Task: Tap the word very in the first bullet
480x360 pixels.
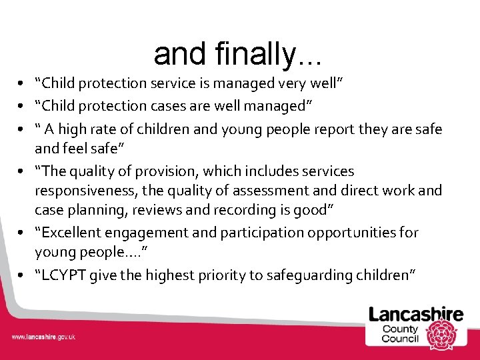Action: point(278,83)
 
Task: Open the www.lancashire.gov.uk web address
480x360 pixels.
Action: point(44,337)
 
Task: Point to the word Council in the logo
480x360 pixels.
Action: point(400,338)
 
